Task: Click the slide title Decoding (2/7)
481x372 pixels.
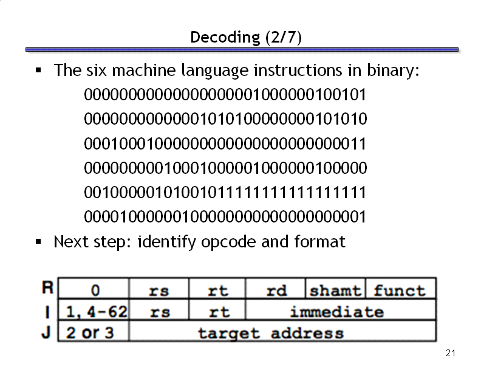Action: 246,38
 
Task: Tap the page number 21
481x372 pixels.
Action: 450,353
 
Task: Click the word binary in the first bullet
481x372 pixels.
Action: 393,71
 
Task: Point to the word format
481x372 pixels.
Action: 319,241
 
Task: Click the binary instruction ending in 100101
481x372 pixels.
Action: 225,95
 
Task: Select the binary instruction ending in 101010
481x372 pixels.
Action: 225,119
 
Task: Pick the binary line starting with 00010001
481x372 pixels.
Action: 225,143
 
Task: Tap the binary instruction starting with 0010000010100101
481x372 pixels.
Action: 225,193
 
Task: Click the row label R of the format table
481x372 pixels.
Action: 48,288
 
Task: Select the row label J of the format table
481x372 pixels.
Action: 46,332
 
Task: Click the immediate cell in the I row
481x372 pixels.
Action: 341,309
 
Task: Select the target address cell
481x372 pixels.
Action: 282,331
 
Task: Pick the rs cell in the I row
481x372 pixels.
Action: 159,309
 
